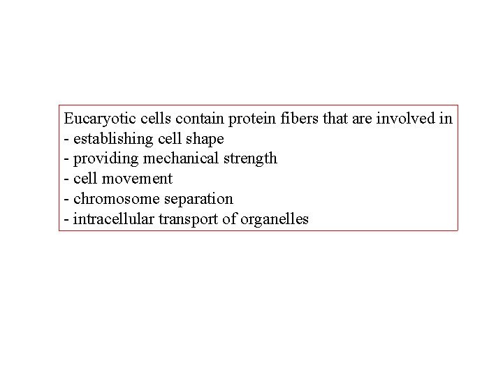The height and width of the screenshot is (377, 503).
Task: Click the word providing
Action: pyautogui.click(x=99, y=158)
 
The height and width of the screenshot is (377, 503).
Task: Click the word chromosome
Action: pyautogui.click(x=109, y=199)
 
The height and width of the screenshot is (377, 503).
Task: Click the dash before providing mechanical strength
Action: pyautogui.click(x=66, y=159)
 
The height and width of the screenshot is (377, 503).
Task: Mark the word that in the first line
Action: pyautogui.click(x=333, y=118)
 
